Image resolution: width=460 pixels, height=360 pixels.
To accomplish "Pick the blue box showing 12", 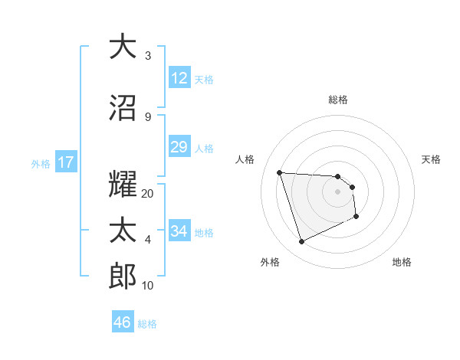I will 179,78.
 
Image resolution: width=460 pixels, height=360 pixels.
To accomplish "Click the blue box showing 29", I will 179,147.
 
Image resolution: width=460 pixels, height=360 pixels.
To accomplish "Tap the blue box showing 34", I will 179,231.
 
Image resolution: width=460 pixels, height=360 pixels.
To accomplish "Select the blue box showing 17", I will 66,162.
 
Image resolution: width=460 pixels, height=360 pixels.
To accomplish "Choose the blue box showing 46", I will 123,322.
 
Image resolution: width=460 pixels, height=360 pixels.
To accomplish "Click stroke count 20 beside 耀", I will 148,194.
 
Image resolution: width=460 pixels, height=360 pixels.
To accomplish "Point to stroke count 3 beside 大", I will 148,56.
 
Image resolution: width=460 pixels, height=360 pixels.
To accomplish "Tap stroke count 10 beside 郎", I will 148,286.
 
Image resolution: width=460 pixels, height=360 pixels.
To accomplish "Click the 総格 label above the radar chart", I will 338,100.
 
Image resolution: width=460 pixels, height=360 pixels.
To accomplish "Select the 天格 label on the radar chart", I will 431,159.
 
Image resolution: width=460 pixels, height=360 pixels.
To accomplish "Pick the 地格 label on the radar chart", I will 402,262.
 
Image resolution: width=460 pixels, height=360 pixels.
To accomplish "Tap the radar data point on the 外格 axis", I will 301,242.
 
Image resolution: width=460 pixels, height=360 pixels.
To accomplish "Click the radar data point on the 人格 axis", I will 280,172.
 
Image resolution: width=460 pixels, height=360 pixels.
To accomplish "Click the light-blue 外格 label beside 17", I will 41,163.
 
